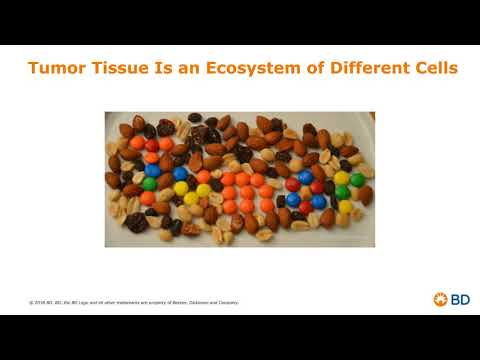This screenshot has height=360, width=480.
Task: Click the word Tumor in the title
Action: point(56,70)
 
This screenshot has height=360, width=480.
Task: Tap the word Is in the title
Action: point(158,70)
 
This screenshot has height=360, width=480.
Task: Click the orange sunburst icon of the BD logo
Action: point(439,299)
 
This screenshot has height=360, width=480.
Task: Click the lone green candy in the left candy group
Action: point(149,184)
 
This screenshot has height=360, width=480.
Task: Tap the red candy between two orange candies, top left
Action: point(151,145)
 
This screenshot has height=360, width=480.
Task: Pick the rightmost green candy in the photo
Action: point(357,180)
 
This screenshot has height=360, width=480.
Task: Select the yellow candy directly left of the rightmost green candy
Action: point(342,178)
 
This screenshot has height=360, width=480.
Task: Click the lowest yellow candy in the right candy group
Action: point(345,206)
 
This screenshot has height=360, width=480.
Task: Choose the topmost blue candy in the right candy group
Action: point(305,178)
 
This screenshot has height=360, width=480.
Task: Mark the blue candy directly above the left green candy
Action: point(152,169)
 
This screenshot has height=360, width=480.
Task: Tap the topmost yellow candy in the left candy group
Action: point(181,187)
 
